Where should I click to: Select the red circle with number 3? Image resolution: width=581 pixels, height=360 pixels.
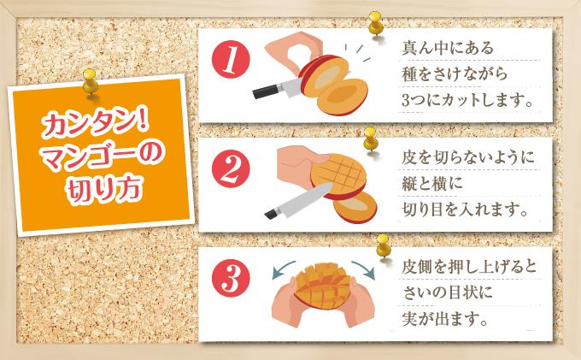tap(230, 279)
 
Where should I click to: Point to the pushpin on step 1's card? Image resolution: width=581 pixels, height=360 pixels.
tap(373, 24)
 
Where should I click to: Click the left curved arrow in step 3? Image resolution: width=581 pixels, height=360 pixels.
tap(281, 272)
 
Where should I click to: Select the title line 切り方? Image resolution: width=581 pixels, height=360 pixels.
tap(101, 186)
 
